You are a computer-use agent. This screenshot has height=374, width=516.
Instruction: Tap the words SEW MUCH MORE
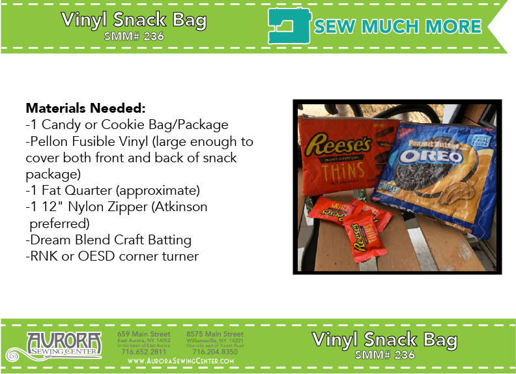click(397, 26)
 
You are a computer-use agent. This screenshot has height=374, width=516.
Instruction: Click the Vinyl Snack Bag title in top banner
click(134, 20)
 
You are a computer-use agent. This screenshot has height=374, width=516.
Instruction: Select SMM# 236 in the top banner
click(134, 36)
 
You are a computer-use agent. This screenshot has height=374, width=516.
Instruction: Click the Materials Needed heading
click(85, 108)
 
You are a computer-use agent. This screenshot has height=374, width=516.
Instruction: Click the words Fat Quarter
click(76, 191)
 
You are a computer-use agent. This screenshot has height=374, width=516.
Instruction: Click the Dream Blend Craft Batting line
click(108, 240)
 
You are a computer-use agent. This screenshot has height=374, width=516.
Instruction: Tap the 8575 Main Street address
click(214, 334)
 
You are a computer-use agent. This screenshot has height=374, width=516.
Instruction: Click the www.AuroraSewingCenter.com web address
click(181, 361)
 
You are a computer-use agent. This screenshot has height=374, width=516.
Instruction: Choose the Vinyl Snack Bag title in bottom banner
click(384, 339)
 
